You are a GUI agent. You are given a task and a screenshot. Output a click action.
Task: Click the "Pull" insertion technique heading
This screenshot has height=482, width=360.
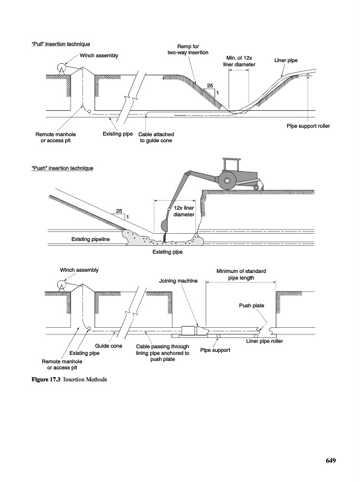pos(61,44)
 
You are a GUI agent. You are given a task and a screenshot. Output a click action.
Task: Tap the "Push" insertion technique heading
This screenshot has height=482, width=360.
pos(62,168)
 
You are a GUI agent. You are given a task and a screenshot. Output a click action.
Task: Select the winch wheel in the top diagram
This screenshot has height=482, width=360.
pos(62,67)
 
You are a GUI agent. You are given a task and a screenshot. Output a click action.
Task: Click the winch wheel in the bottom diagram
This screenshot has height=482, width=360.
pos(62,284)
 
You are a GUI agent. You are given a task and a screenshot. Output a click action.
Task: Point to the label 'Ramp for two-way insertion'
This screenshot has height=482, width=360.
pos(188,49)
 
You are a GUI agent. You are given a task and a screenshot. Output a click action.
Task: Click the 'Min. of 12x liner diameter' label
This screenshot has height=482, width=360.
pos(239,61)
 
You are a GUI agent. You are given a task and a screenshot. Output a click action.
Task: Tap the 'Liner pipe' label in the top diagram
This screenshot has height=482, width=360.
pos(286,60)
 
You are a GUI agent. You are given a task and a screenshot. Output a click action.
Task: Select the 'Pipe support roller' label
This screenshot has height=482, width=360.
pos(308,126)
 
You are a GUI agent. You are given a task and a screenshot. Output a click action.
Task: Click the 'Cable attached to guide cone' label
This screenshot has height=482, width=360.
pos(156,137)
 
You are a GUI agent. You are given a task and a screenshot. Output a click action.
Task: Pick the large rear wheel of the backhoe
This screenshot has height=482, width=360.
pos(227,181)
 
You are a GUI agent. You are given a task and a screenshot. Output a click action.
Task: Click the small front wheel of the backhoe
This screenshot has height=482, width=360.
pos(256,187)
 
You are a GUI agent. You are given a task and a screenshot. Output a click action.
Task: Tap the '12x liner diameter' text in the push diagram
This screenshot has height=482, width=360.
pos(184,211)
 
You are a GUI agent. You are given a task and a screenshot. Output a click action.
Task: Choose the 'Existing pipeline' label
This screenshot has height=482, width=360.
pos(90,239)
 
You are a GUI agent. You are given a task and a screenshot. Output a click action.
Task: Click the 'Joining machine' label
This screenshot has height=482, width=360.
pos(178,281)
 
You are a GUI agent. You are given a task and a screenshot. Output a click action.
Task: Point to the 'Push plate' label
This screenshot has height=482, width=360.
pos(251,305)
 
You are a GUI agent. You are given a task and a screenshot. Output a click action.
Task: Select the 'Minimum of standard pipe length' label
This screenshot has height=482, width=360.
pos(241,275)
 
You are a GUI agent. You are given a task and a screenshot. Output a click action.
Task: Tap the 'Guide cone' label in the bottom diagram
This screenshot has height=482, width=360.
pos(109,346)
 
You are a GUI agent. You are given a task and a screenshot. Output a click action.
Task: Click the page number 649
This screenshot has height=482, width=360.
pos(331,460)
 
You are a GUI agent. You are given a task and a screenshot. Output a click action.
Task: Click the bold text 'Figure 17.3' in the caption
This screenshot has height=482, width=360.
pos(46,380)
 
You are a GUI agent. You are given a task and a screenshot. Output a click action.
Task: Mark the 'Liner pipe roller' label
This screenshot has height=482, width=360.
pos(264,341)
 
